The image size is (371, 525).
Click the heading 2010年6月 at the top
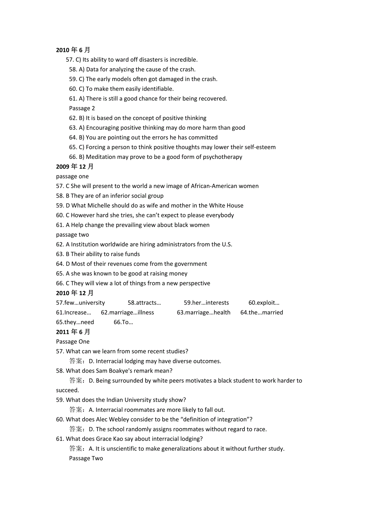click(x=73, y=50)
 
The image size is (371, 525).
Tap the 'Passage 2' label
click(x=82, y=108)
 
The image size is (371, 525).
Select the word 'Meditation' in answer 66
click(x=100, y=157)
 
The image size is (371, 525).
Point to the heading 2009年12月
click(x=75, y=167)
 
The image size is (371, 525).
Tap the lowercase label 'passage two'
click(x=73, y=235)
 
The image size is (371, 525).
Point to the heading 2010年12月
click(x=75, y=293)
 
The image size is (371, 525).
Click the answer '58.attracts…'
click(x=144, y=302)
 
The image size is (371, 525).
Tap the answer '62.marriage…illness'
click(x=127, y=312)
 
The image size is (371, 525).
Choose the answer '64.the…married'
click(x=262, y=312)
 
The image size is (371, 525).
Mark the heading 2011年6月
click(x=73, y=331)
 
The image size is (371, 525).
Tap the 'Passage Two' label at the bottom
click(x=86, y=458)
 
